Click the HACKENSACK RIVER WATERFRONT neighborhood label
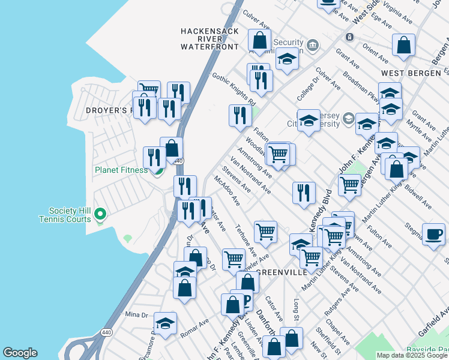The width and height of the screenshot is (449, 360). (210, 38)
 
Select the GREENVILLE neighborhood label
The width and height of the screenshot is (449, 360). (282, 272)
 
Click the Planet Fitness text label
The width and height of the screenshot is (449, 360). (121, 170)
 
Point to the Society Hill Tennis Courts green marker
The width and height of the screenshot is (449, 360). (101, 214)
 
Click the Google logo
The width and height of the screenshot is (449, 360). (20, 353)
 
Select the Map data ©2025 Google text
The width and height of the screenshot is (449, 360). (412, 355)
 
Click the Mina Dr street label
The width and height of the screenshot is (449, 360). (136, 314)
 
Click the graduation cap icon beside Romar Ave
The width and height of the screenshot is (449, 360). (165, 323)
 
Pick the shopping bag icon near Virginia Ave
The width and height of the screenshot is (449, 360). (403, 45)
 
